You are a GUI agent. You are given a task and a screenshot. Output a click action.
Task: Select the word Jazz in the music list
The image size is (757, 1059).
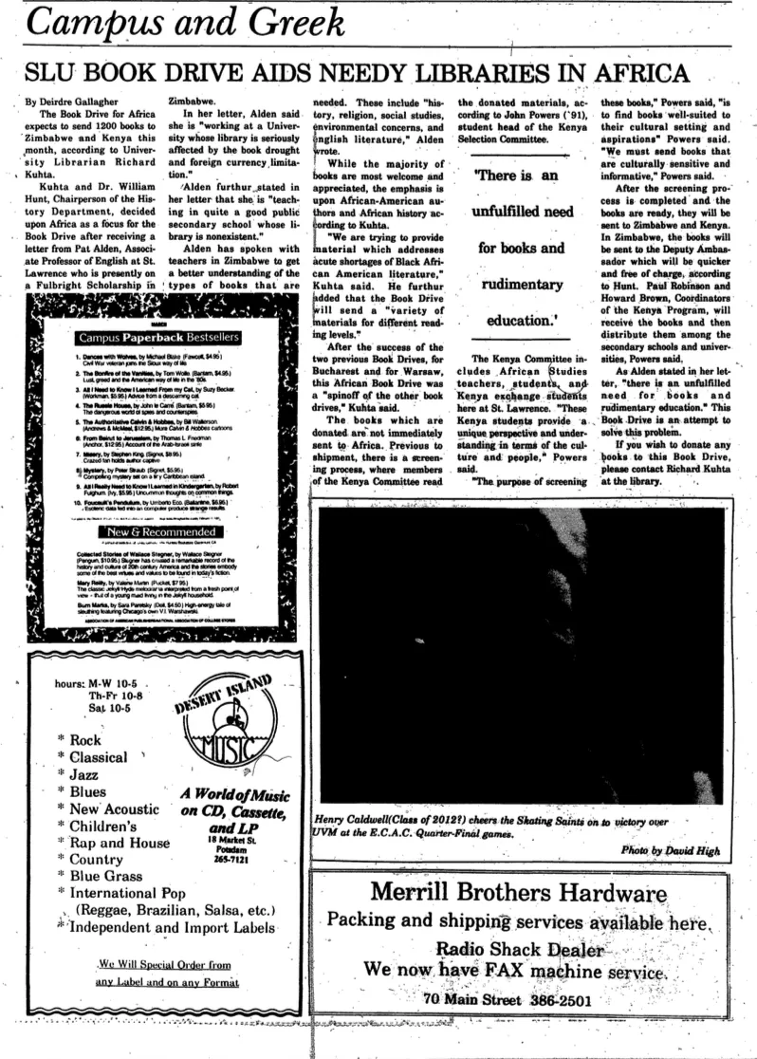pos(86,774)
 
